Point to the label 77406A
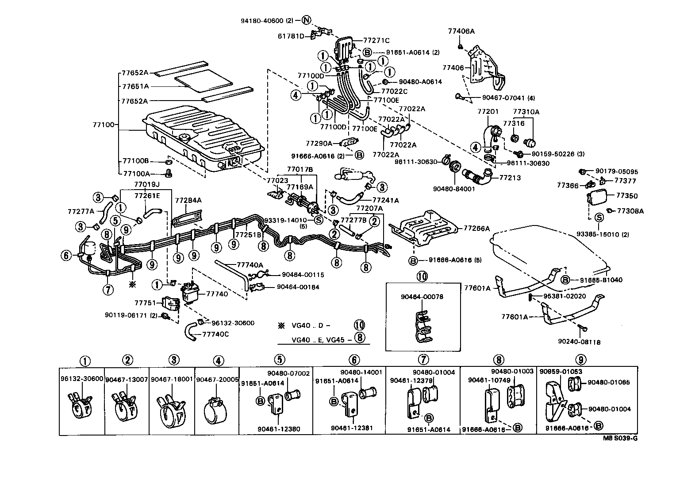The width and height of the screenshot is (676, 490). point(461,31)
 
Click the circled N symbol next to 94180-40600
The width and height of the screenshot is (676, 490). point(307,20)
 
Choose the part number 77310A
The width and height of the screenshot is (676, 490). point(526,112)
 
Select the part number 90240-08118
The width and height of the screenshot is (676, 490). point(579,342)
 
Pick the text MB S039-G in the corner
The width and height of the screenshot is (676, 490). point(620,439)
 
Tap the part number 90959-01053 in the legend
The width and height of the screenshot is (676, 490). point(561,372)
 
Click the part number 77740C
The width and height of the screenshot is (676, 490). point(215,334)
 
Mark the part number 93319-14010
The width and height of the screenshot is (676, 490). point(285,220)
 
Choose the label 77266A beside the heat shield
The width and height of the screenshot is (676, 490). point(477,229)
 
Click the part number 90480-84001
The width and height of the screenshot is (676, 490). point(448,188)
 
